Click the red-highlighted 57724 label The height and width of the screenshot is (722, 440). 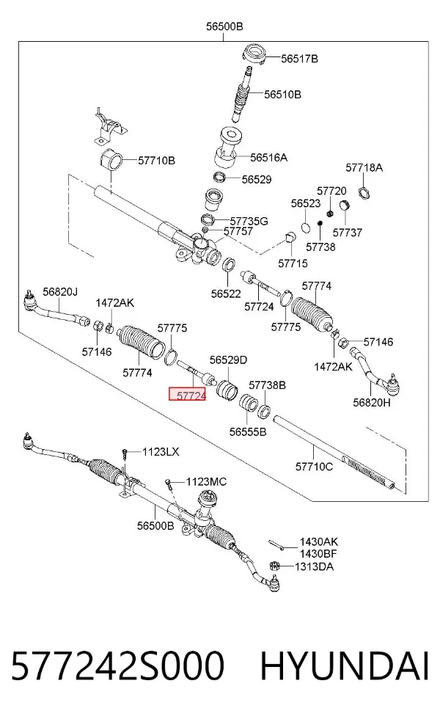coord(187,395)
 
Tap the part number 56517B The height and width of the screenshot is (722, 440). coord(299,59)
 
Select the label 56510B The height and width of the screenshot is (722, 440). coord(282,95)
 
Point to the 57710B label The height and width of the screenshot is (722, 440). coord(156,161)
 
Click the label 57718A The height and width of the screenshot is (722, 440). coord(364,167)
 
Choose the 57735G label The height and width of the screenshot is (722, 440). coord(249,222)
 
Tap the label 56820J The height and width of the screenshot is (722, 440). coord(60,291)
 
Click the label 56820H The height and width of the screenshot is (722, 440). coord(371,402)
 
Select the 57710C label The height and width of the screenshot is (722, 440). coord(314,467)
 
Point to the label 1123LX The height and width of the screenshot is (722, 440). coord(161,452)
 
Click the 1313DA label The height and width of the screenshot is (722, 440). coord(314,566)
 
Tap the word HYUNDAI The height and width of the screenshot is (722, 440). coord(345,666)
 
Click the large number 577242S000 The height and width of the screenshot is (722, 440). coord(118,666)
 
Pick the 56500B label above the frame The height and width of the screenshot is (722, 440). coord(224,26)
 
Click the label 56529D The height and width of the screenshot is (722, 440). coord(228,360)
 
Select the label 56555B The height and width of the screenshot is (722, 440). coord(248,432)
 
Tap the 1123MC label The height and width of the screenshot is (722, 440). coord(206,481)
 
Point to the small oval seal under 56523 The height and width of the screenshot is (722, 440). coord(306,227)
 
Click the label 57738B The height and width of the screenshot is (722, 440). coord(268,385)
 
